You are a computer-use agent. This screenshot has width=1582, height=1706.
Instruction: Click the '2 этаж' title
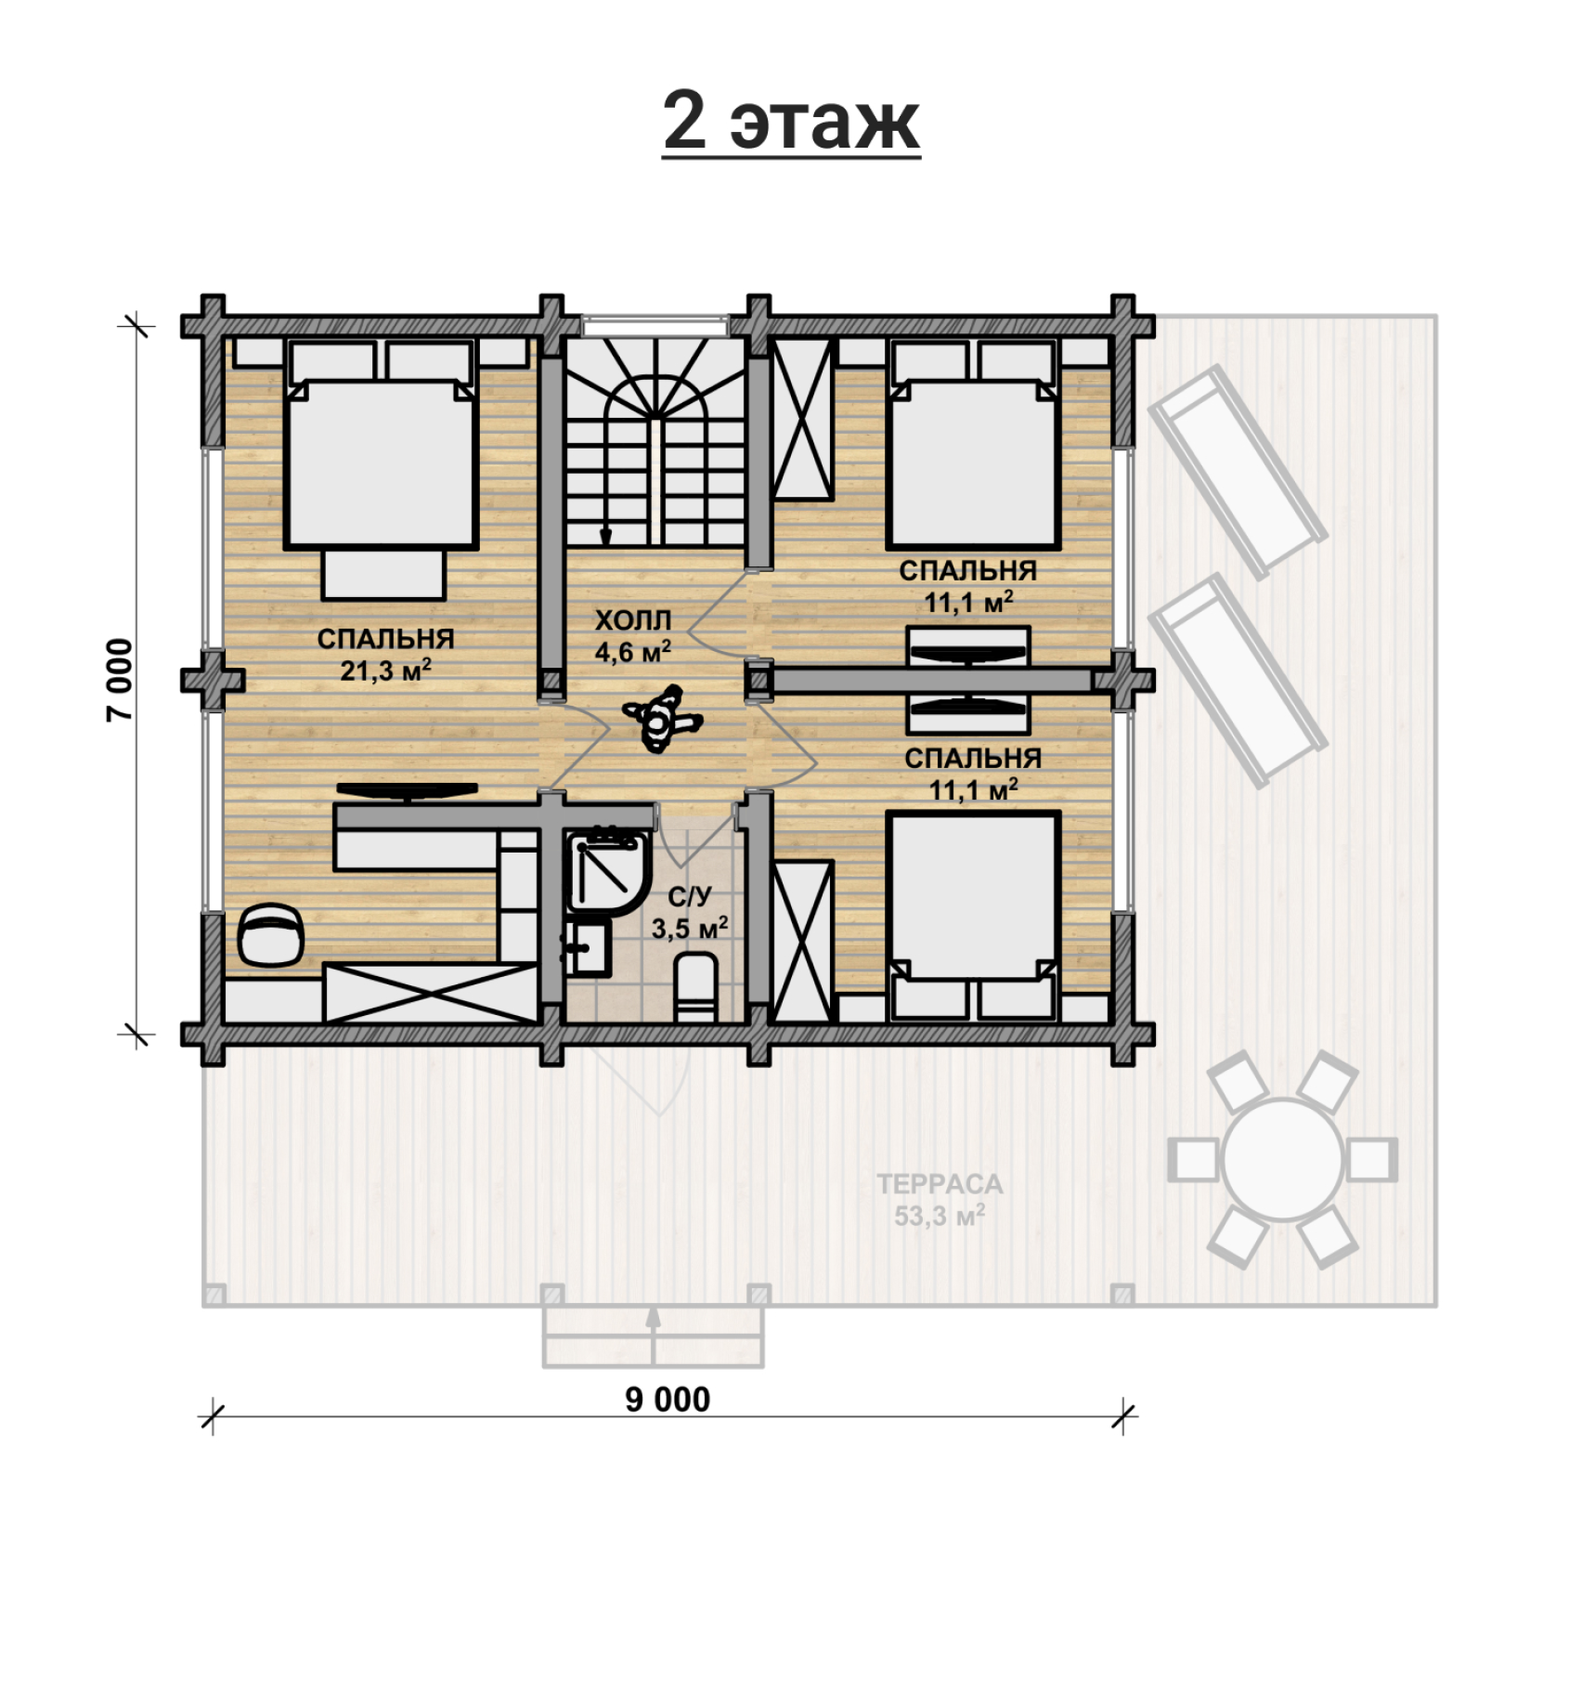[791, 122]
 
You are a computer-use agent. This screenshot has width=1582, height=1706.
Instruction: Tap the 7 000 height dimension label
[120, 679]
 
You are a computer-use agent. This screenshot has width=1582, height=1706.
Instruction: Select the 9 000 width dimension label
[668, 1399]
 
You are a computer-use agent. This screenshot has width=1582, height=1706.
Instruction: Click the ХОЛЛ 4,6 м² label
[632, 636]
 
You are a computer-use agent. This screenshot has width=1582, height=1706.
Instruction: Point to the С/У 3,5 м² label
[689, 912]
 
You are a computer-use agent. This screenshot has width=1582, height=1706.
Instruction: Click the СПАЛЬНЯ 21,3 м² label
[385, 654]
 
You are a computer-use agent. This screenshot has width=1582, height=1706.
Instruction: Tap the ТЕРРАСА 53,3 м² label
[940, 1199]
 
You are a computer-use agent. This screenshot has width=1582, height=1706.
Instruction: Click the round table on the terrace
[1282, 1159]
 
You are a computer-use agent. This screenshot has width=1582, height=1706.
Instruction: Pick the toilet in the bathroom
[695, 987]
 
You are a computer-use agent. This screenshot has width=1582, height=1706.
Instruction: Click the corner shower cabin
[606, 872]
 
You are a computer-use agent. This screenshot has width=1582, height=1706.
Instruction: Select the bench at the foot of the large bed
[383, 574]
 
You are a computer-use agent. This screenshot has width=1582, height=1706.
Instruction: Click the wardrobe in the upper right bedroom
[802, 420]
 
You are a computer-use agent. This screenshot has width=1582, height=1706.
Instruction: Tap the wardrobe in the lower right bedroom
[802, 942]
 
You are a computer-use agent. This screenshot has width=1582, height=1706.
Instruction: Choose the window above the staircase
[655, 326]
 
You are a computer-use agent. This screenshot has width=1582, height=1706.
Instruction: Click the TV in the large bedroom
[407, 790]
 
